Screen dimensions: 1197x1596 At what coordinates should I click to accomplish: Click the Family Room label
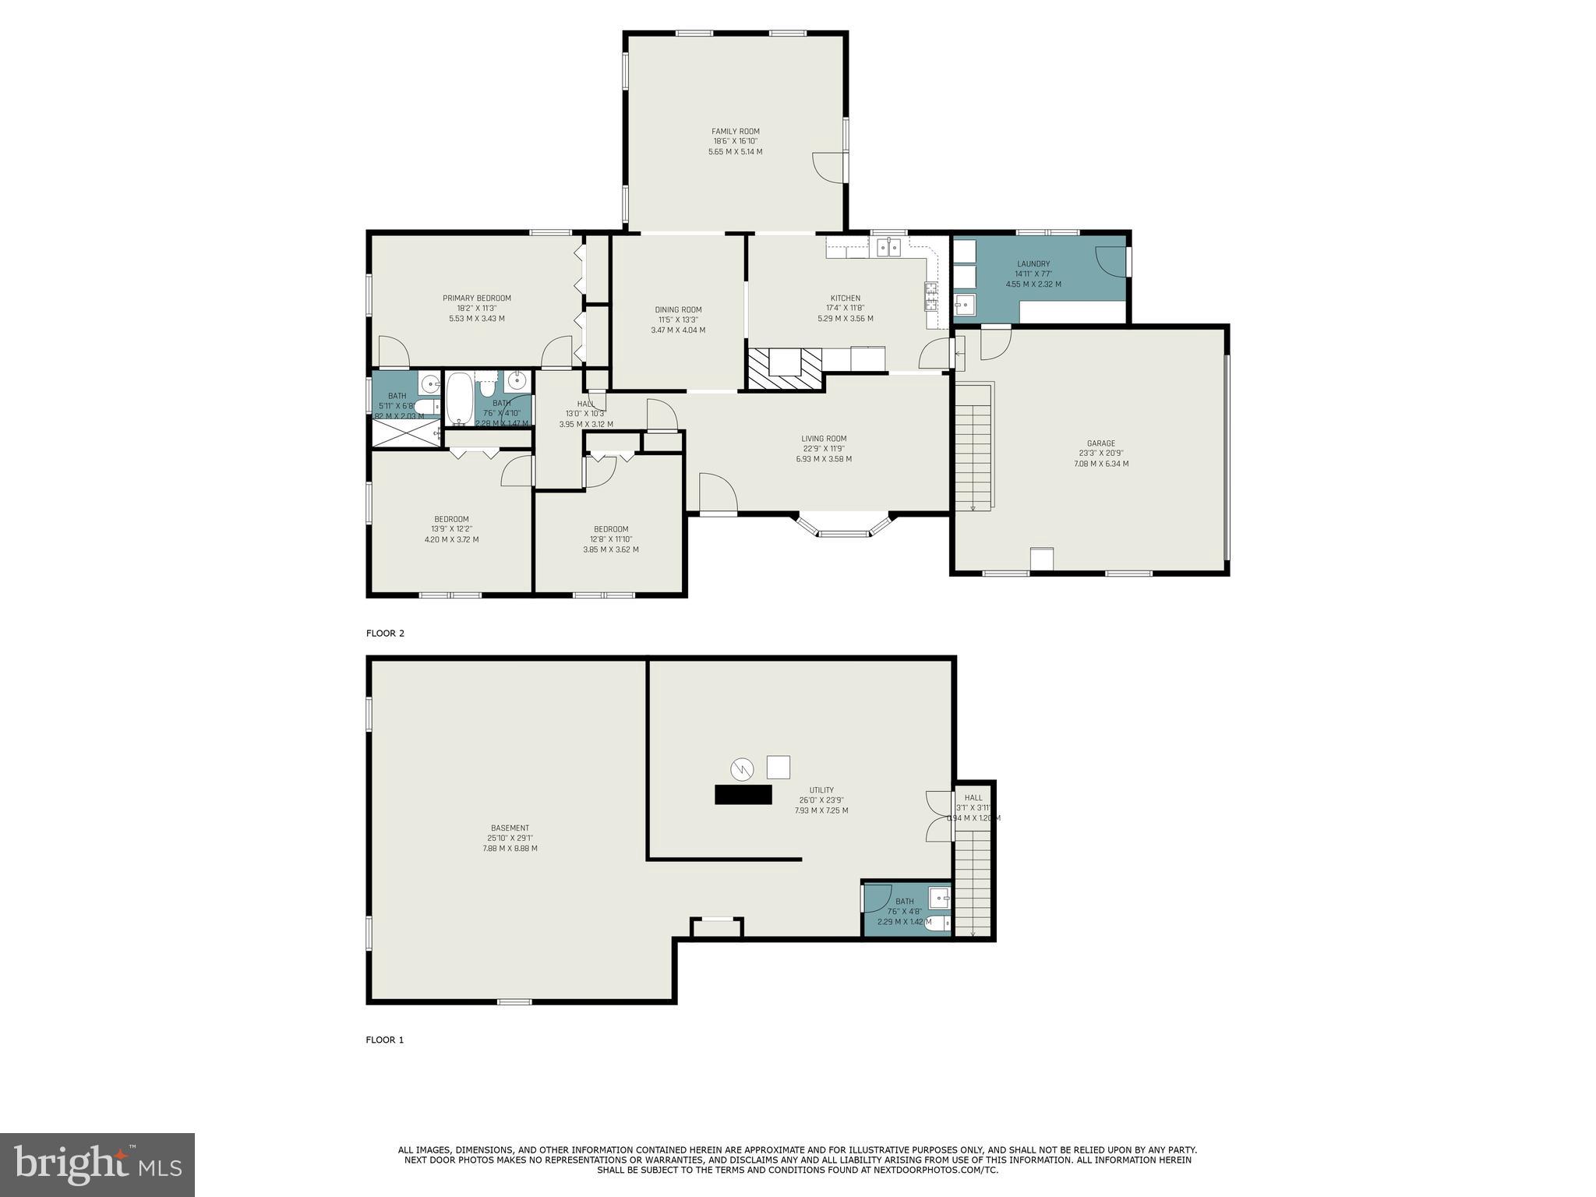click(735, 132)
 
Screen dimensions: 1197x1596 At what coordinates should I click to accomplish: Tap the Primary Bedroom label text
click(477, 298)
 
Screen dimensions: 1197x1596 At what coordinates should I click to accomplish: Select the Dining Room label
click(678, 310)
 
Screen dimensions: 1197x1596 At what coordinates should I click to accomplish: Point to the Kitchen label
click(845, 298)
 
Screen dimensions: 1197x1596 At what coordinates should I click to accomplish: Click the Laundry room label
click(1033, 264)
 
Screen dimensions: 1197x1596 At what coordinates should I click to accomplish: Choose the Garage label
click(1100, 443)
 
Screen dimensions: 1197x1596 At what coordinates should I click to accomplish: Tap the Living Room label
click(824, 439)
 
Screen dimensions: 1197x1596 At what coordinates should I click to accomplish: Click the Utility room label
click(821, 790)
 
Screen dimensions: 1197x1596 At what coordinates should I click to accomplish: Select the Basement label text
click(510, 828)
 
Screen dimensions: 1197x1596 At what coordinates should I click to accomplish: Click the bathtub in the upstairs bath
click(458, 399)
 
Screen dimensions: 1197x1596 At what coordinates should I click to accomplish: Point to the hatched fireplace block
click(785, 368)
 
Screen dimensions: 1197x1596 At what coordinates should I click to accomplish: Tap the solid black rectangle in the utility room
click(743, 795)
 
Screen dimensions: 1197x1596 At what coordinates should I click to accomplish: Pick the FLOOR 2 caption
click(385, 634)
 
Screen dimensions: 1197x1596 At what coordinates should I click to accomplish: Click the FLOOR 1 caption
click(385, 1040)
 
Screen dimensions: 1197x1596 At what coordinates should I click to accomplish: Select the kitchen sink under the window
click(888, 248)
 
